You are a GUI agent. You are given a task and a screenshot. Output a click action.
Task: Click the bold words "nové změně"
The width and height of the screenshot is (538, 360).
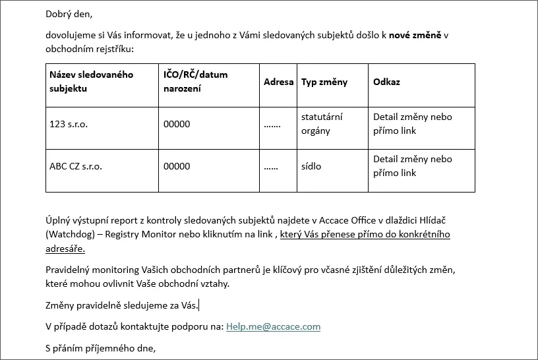coord(415,35)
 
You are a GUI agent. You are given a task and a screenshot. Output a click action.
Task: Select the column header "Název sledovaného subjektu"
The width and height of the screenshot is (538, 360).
coord(91,81)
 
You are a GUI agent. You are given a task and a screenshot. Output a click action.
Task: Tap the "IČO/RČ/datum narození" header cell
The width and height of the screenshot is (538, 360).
coord(195,81)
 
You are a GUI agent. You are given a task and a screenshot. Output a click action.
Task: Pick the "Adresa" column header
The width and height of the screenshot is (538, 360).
coord(278,82)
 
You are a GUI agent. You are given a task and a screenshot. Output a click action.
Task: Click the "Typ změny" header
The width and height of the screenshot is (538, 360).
coord(324,82)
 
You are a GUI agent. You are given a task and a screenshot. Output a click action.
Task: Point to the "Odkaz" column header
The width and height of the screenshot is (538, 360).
coord(386,82)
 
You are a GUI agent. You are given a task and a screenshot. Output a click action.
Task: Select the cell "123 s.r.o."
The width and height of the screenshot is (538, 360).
coord(69,124)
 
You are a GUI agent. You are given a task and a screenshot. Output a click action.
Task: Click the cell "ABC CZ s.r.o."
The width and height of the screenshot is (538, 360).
coord(76,166)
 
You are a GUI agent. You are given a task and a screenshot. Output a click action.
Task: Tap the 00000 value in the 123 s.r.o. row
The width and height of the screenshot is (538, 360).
coord(177,124)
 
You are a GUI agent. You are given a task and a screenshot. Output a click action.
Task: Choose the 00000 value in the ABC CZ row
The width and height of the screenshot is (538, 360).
coord(177,166)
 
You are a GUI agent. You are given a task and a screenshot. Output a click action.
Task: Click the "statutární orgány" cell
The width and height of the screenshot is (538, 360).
coord(322,123)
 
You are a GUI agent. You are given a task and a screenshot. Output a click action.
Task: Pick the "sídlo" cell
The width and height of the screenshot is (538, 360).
coord(311,166)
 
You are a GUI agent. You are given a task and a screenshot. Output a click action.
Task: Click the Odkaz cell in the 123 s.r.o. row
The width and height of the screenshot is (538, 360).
coord(412,123)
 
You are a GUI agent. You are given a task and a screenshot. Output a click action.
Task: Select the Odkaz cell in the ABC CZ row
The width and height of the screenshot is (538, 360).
coord(412,165)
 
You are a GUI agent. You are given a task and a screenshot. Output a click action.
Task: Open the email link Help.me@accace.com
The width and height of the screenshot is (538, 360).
coord(273,326)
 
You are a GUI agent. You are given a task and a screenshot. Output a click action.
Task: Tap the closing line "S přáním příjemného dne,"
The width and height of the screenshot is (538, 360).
coord(100,348)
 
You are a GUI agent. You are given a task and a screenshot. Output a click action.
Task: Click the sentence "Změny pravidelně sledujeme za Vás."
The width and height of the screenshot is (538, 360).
coord(121,305)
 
